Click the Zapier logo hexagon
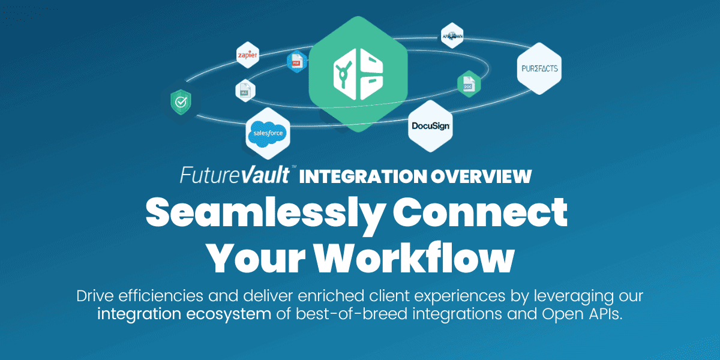click(247, 55)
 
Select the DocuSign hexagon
click(430, 127)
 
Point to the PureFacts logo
click(538, 68)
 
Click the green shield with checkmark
click(180, 103)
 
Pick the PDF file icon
click(296, 61)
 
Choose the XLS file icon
click(245, 91)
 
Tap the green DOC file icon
click(468, 85)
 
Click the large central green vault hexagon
click(358, 71)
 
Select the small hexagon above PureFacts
click(452, 35)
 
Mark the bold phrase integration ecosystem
click(184, 314)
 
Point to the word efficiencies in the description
click(159, 296)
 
